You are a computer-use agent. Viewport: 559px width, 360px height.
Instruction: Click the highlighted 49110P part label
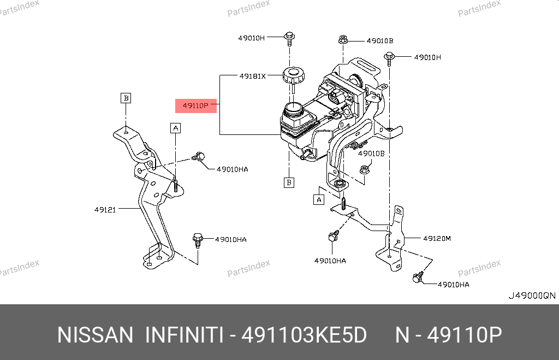pos(196,105)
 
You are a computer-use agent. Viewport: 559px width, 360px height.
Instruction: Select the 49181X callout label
pos(252,76)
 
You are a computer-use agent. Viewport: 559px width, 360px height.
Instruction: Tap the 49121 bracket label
pos(105,210)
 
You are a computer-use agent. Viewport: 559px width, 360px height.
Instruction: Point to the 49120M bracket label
pos(437,238)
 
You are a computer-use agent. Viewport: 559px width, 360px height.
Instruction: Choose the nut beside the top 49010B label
pos(343,39)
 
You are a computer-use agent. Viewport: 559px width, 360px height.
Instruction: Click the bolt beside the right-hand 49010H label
pos(389,58)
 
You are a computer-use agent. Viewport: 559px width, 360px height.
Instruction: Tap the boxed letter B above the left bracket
pos(126,98)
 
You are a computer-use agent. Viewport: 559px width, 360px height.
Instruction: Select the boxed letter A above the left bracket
pos(175,128)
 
